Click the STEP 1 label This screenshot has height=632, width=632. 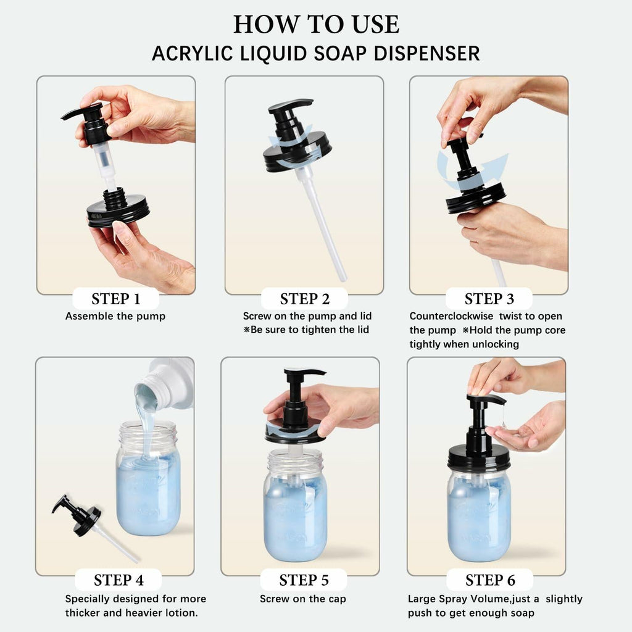coord(116,299)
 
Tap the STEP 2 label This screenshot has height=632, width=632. coord(305,299)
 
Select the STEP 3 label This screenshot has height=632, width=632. coord(489,299)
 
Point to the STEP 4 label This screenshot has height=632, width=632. coord(118,580)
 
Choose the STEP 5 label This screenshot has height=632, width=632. coord(304,580)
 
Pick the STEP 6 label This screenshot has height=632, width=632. coord(490,580)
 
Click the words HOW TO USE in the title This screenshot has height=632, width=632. coord(317,24)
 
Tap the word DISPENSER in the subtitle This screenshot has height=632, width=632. coord(427,54)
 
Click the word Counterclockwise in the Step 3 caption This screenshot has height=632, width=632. coord(451,316)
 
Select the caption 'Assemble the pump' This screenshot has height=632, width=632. coord(115,317)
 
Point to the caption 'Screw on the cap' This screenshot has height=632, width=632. coord(302,599)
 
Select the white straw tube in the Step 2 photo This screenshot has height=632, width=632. coord(322,226)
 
